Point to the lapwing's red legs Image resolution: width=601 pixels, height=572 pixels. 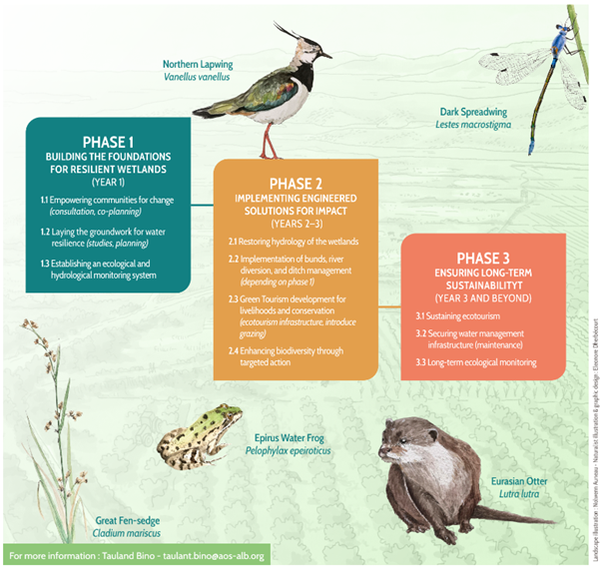pyautogui.click(x=270, y=140)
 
